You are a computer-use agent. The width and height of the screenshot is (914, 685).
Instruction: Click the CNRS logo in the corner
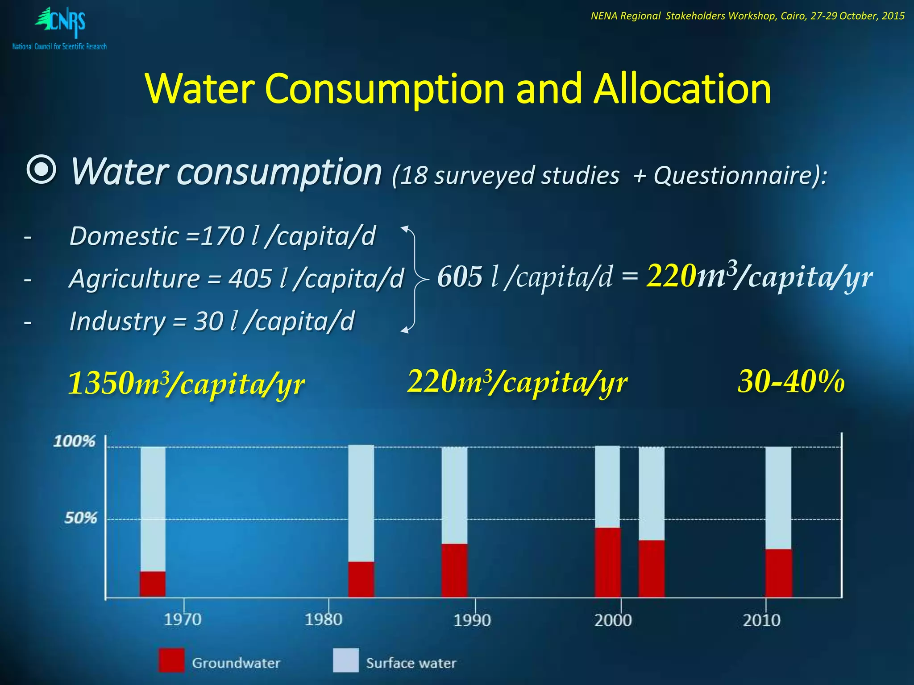(60, 28)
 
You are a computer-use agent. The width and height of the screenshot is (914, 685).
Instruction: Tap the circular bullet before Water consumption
(41, 171)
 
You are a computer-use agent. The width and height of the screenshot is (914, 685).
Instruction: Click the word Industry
(117, 322)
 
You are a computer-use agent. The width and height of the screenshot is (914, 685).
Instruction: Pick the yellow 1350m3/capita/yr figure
(186, 383)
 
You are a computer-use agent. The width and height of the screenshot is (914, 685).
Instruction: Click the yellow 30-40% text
(791, 382)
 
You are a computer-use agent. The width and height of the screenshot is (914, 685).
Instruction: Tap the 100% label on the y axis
(74, 442)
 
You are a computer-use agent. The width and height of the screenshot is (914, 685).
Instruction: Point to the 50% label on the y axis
(80, 518)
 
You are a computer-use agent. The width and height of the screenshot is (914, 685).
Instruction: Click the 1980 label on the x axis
(324, 619)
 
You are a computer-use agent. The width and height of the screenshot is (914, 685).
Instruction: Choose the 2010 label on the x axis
(761, 620)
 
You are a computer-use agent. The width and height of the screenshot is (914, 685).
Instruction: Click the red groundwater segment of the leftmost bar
(153, 584)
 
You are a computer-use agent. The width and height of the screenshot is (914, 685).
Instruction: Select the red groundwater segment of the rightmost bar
(779, 573)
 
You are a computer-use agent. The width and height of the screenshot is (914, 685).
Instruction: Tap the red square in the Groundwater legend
(171, 660)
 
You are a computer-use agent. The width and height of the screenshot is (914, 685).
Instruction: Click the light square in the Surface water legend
(346, 660)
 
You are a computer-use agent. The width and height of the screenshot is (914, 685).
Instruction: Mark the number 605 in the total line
(460, 276)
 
